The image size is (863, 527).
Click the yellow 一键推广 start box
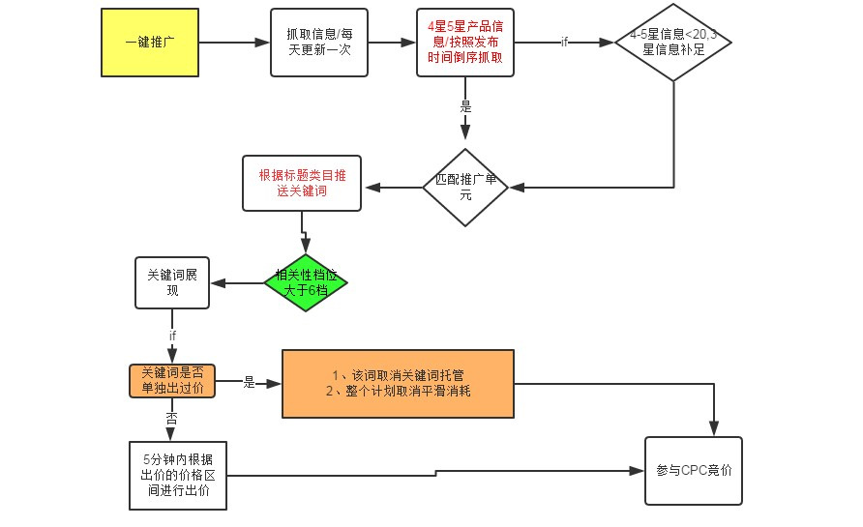[149, 44]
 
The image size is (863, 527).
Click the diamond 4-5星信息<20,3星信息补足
[673, 44]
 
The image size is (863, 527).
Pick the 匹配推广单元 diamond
[465, 188]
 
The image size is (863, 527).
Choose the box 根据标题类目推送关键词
[301, 183]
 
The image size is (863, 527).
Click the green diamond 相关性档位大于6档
[306, 282]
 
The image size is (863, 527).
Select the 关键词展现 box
[172, 282]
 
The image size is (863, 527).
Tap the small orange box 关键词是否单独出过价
[172, 380]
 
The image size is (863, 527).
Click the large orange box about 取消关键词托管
[398, 383]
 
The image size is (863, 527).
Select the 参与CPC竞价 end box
[694, 471]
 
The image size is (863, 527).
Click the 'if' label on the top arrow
[565, 43]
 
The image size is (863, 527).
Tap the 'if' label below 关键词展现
[172, 337]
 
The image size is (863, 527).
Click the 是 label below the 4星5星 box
[465, 107]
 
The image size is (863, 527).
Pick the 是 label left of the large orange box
[249, 383]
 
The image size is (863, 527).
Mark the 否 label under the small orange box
[172, 419]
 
